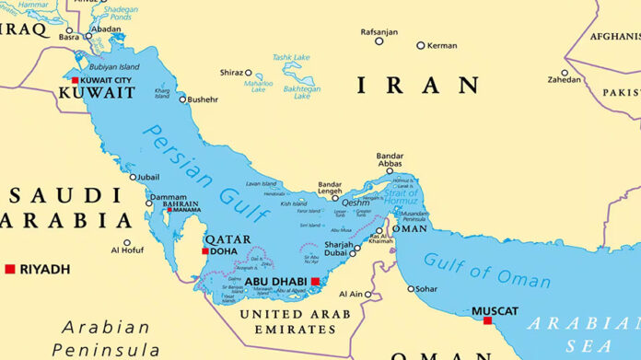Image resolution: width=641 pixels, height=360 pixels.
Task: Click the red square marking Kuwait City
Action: pyautogui.click(x=75, y=81)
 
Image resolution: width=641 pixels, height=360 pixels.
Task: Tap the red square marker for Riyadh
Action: pyautogui.click(x=10, y=269)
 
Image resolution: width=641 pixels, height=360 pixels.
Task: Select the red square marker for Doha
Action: pyautogui.click(x=205, y=250)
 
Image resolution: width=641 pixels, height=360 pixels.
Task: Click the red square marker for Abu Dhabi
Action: pyautogui.click(x=315, y=282)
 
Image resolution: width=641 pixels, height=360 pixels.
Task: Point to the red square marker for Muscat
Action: pyautogui.click(x=487, y=320)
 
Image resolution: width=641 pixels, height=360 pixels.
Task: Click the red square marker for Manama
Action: pyautogui.click(x=169, y=210)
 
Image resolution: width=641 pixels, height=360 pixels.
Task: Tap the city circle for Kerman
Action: pyautogui.click(x=421, y=45)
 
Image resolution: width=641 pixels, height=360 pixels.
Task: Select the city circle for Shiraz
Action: pyautogui.click(x=248, y=72)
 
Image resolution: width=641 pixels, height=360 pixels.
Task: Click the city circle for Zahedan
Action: pyautogui.click(x=565, y=73)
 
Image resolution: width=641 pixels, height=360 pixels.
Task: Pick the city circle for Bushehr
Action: pyautogui.click(x=182, y=99)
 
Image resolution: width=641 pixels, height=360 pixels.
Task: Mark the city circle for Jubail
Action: pyautogui.click(x=132, y=177)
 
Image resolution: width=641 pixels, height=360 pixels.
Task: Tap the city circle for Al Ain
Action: pyautogui.click(x=367, y=295)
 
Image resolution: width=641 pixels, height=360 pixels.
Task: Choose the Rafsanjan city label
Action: pyautogui.click(x=379, y=32)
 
